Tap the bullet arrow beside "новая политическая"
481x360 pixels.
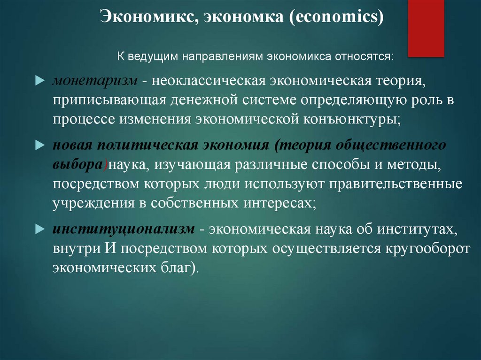39,146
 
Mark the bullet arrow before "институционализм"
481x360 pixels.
39,230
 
